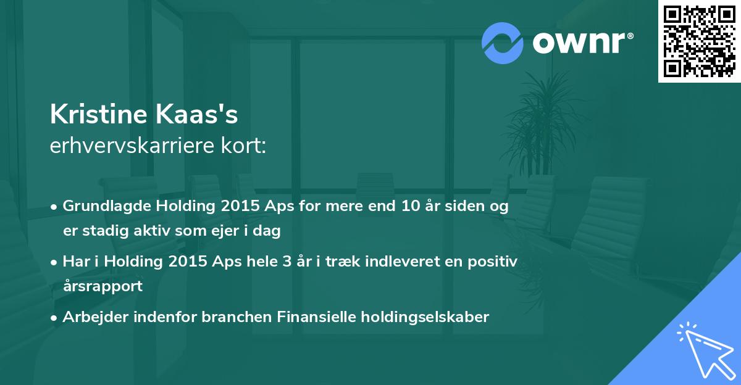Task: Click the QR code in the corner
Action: (x=699, y=41)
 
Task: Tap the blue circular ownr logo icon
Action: (x=502, y=43)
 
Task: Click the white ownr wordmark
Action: (x=582, y=43)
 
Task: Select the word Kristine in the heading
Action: (x=98, y=114)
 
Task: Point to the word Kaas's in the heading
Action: (x=196, y=114)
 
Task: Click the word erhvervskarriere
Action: (x=132, y=145)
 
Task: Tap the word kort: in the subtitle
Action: (x=243, y=145)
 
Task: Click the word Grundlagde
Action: (x=106, y=207)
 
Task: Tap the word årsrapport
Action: (x=103, y=286)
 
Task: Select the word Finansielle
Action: (x=316, y=317)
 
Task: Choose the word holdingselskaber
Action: (x=425, y=317)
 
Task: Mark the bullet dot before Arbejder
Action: (x=54, y=318)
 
